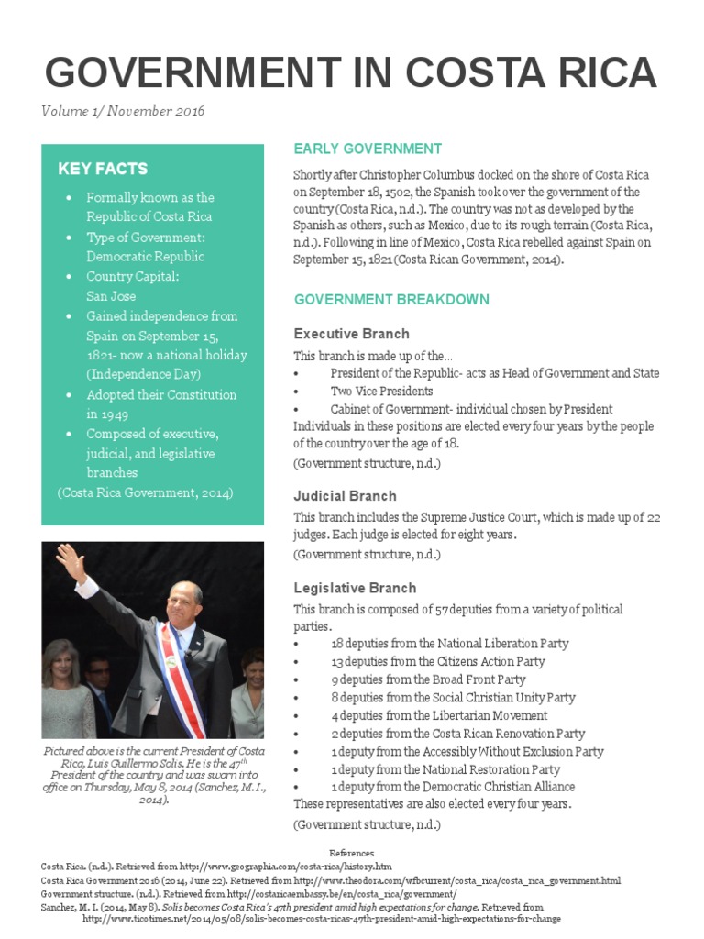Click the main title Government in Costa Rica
351,72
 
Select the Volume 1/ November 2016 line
123,111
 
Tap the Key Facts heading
103,169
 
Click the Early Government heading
367,149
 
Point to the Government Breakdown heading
390,300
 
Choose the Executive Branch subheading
351,334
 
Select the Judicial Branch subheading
345,496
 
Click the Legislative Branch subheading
355,588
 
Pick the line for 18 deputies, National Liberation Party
449,644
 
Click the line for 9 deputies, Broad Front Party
428,679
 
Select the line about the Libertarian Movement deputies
439,715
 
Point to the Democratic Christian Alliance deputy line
453,787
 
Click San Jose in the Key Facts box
111,296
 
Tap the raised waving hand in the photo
68,558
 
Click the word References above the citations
351,853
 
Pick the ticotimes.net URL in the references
321,918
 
